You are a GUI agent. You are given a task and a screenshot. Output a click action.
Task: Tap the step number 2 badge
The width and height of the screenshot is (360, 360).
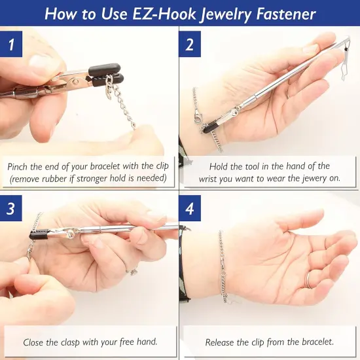coord(190,45)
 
